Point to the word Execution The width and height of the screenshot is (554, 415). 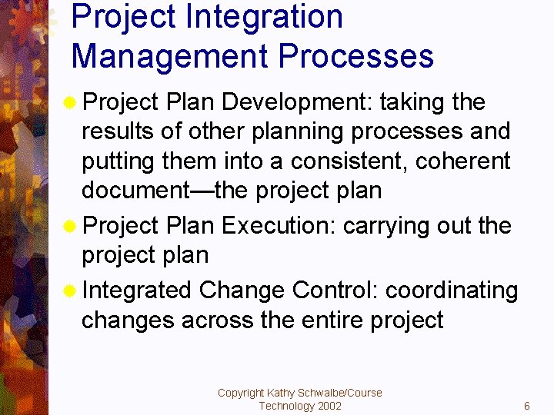click(x=279, y=226)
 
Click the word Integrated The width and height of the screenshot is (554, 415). click(x=136, y=290)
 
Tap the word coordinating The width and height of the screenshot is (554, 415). click(x=452, y=290)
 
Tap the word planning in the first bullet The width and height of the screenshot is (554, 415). click(x=301, y=132)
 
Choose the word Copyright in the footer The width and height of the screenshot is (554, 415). click(x=241, y=393)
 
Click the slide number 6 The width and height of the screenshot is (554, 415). click(x=527, y=406)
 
